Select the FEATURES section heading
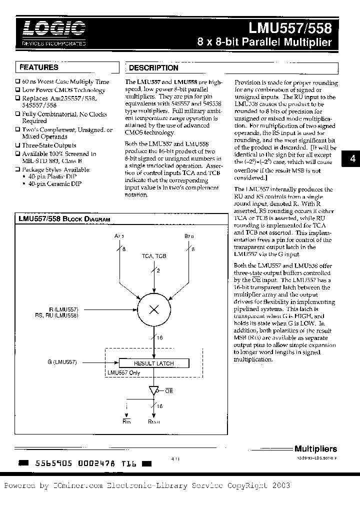(x=39, y=67)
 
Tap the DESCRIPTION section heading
(x=153, y=68)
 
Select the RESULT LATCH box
(x=154, y=363)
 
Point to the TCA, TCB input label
(x=154, y=256)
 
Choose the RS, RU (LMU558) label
(x=56, y=315)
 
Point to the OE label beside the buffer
(x=168, y=391)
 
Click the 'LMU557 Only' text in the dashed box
(x=124, y=372)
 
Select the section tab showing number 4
(x=352, y=159)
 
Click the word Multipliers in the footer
(x=315, y=449)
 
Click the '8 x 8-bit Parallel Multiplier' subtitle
(x=264, y=42)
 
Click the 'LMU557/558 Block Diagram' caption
(x=64, y=219)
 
